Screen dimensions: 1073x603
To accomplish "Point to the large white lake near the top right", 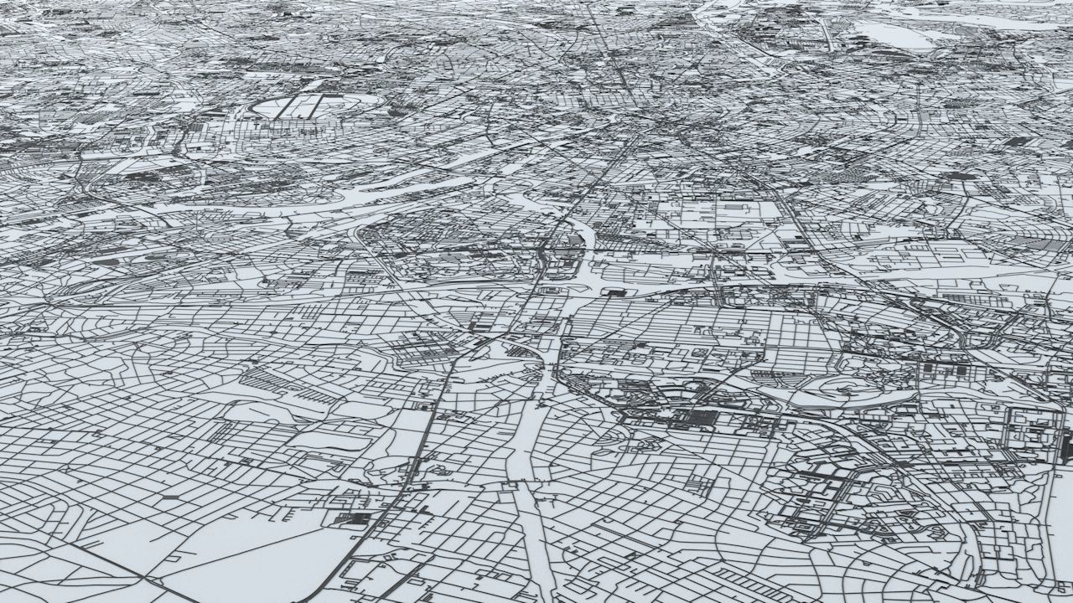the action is click(x=893, y=35).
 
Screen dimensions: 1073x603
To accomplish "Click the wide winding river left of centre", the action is click(x=352, y=201).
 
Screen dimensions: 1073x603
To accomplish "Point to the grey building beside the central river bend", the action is click(x=577, y=239).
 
